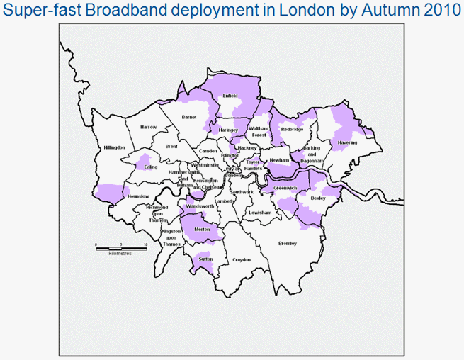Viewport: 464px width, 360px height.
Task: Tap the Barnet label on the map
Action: coord(188,116)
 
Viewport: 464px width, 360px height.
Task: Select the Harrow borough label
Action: coord(148,127)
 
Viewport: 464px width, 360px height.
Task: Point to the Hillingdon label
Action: coord(114,148)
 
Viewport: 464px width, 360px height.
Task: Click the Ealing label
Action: coord(150,167)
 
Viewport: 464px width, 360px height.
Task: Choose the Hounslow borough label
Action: coord(137,196)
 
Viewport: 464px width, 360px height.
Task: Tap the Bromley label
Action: coord(287,244)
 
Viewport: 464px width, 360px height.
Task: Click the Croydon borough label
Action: coord(242,260)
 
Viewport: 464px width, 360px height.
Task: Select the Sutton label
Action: coord(206,260)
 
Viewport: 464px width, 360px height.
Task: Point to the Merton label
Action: coord(201,230)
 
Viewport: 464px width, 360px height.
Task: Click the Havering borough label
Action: coord(347,142)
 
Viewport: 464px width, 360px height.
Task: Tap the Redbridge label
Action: coord(292,130)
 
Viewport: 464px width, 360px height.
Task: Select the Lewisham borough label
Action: coord(261,213)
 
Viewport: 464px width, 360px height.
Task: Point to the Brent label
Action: coord(171,146)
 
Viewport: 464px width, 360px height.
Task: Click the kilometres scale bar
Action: coord(121,248)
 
